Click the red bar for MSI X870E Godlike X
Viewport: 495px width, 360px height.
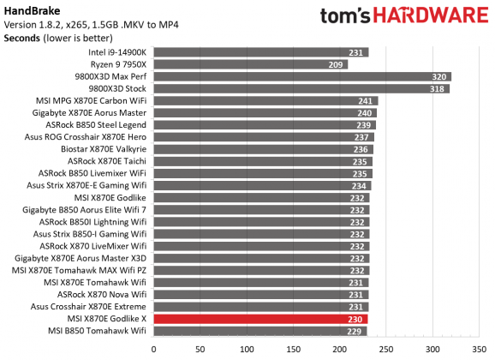(261, 318)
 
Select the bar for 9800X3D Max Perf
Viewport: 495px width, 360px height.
(302, 76)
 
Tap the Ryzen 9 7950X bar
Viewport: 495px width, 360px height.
(251, 64)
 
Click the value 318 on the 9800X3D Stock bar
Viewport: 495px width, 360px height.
(440, 88)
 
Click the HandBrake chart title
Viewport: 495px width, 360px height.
(30, 9)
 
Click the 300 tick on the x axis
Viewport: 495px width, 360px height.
(432, 349)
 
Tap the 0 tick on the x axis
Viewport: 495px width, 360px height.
(154, 349)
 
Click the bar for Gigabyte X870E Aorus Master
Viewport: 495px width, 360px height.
(265, 112)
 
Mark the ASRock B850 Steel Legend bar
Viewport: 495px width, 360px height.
(265, 124)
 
